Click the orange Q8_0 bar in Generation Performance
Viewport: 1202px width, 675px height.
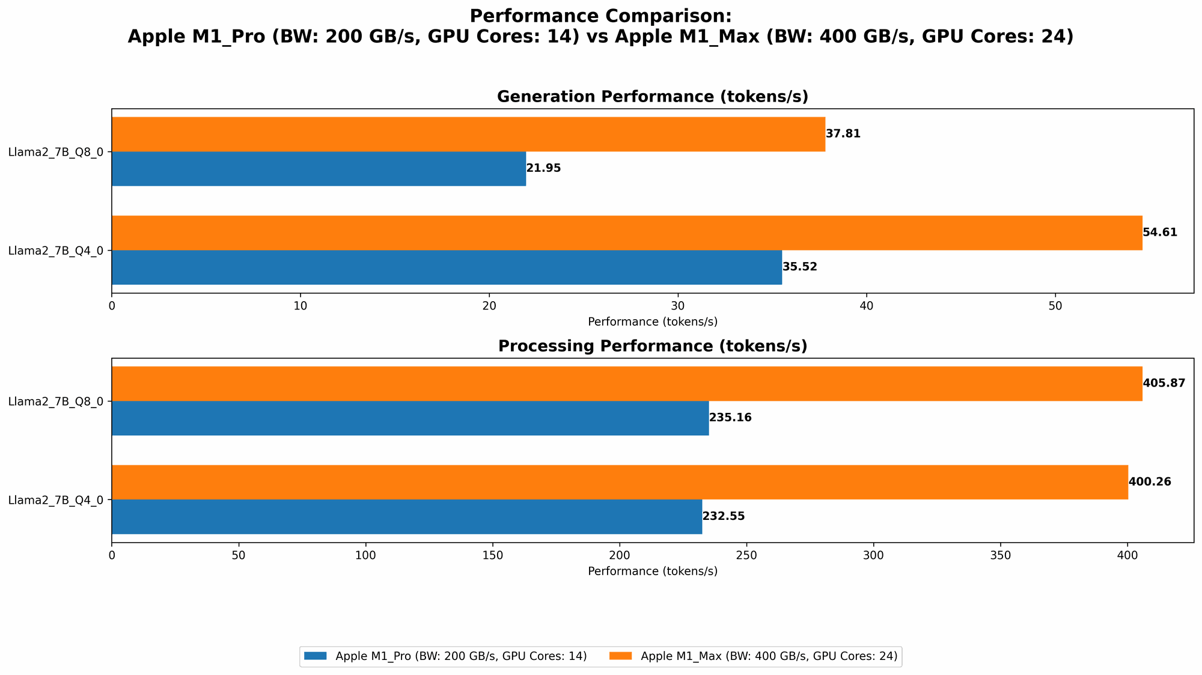click(x=468, y=134)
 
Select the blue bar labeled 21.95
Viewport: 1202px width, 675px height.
click(x=319, y=169)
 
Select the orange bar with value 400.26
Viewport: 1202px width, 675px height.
click(x=620, y=482)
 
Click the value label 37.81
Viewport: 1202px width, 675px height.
click(x=843, y=134)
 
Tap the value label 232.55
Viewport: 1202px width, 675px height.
click(x=724, y=517)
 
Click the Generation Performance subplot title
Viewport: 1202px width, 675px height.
click(x=652, y=97)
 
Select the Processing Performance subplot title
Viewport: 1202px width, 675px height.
click(x=652, y=346)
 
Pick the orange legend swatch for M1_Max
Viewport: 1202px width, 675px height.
click(x=623, y=656)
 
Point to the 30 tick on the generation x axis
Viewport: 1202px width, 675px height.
click(x=678, y=305)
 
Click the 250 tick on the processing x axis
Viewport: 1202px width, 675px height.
click(x=746, y=555)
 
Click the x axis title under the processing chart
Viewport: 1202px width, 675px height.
click(x=652, y=571)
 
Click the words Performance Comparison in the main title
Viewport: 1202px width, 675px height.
click(x=600, y=16)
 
